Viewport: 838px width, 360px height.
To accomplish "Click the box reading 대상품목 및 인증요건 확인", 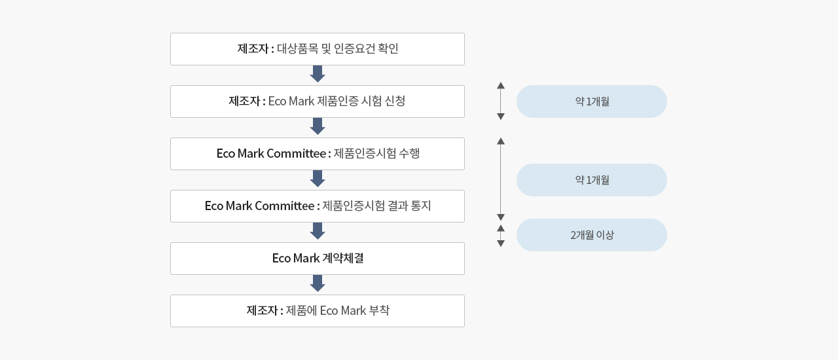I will (x=318, y=49).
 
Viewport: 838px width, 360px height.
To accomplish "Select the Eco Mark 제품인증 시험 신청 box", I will (x=318, y=101).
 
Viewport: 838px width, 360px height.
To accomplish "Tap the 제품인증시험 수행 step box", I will (x=318, y=154).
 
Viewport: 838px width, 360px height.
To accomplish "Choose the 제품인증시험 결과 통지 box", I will (x=318, y=206).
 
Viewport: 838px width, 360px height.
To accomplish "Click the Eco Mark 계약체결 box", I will (x=318, y=259).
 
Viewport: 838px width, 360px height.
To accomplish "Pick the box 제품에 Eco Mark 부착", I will (x=318, y=311).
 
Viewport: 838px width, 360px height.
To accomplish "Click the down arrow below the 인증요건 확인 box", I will (x=318, y=74).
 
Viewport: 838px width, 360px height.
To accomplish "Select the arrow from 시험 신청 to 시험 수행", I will (x=318, y=126).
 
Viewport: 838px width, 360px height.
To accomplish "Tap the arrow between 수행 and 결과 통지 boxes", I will (x=318, y=179).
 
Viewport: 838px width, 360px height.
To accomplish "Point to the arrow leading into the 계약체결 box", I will (x=318, y=231).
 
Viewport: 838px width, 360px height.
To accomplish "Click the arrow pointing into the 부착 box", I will (x=318, y=283).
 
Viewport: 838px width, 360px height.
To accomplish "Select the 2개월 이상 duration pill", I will (x=592, y=235).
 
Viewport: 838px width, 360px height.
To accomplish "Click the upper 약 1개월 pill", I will (x=592, y=101).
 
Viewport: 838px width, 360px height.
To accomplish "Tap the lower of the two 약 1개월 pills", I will (x=592, y=180).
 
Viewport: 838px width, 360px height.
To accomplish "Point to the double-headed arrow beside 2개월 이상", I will (x=501, y=236).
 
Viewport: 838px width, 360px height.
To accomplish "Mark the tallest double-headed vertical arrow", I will (x=501, y=179).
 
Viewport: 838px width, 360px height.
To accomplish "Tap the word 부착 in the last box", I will (x=379, y=311).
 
